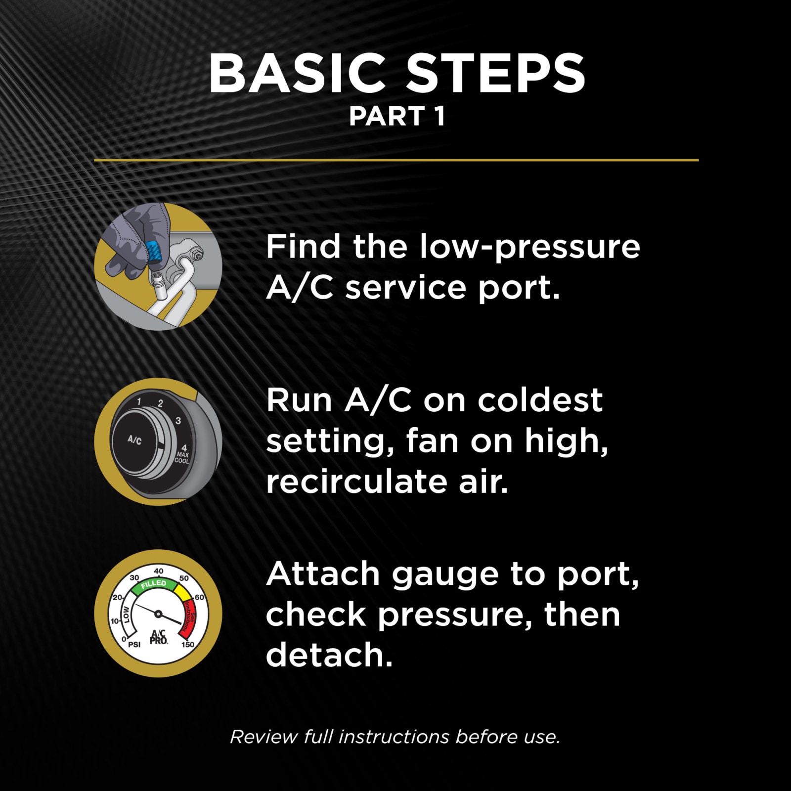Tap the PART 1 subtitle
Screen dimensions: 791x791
point(397,117)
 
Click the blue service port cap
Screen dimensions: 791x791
point(154,251)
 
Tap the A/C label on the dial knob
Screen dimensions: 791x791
point(134,439)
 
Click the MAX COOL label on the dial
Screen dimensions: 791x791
point(182,457)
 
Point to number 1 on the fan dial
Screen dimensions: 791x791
point(139,401)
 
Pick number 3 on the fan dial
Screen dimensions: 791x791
point(178,421)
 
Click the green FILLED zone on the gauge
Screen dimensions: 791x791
point(154,584)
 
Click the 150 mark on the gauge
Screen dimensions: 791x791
point(187,645)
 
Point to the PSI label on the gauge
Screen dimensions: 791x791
point(134,645)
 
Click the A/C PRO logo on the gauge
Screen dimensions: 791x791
point(159,637)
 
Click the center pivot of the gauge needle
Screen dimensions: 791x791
point(158,614)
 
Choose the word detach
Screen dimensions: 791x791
point(329,655)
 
